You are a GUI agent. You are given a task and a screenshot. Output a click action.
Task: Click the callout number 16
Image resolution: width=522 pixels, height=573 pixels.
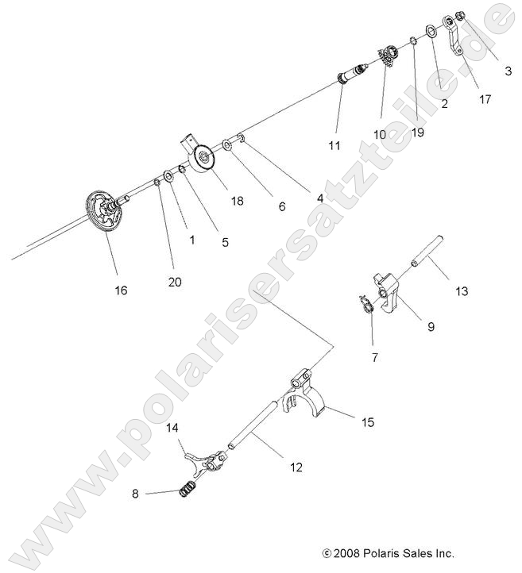[x=121, y=290]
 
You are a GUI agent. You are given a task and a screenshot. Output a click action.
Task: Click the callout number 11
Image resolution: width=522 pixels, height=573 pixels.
[x=334, y=146]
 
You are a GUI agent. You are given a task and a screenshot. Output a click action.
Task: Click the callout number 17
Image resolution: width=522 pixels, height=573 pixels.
[x=485, y=99]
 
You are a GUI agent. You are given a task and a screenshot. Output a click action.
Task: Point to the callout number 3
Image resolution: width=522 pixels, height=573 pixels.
[x=508, y=71]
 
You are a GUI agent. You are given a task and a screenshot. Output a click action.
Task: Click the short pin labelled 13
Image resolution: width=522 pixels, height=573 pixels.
[x=425, y=252]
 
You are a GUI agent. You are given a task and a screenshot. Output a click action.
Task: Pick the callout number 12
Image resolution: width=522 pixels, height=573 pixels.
[x=296, y=468]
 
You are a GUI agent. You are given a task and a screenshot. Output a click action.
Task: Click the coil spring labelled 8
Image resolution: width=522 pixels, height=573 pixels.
[x=188, y=490]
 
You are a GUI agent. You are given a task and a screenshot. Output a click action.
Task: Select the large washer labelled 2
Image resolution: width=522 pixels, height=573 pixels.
[x=430, y=31]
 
